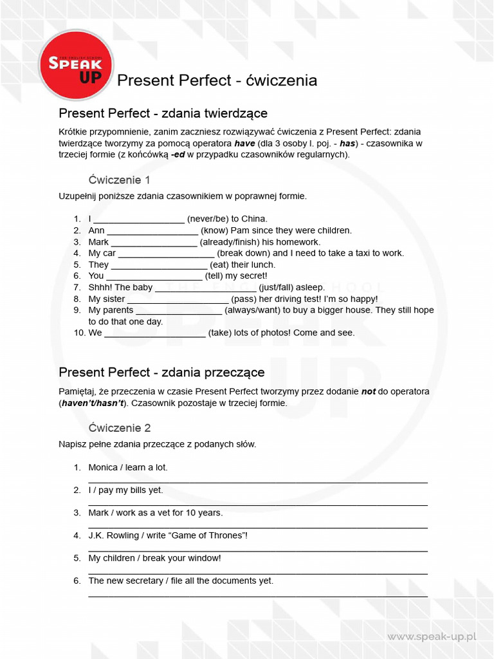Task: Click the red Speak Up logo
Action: [76, 66]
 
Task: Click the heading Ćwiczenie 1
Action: [119, 180]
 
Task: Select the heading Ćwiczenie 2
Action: [119, 428]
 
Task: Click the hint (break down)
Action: [243, 253]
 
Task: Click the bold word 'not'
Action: [369, 391]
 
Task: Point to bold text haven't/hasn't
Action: [92, 403]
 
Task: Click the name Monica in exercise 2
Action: [103, 467]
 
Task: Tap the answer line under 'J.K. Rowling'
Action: [257, 550]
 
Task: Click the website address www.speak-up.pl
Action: [432, 636]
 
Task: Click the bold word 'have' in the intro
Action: [244, 144]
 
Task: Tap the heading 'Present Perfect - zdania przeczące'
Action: [161, 373]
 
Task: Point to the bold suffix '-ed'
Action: [178, 154]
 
